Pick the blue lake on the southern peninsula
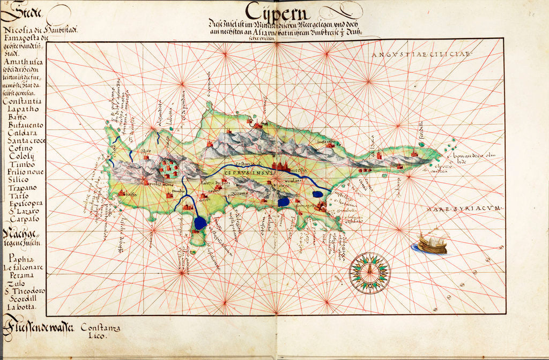pos(200,223)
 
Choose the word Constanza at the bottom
pos(100,326)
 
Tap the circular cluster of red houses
pos(168,167)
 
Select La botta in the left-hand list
pos(21,306)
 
